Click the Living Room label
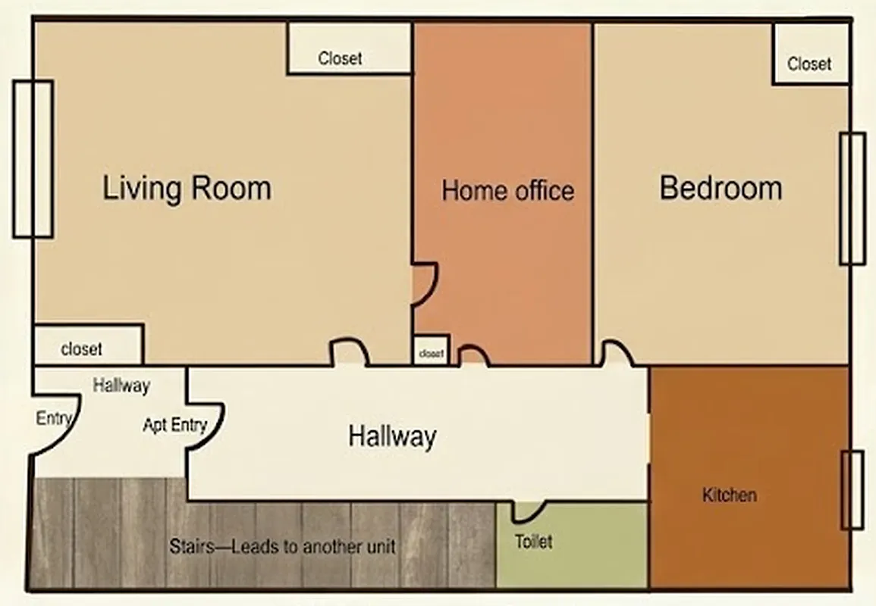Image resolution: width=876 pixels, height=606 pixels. pyautogui.click(x=187, y=188)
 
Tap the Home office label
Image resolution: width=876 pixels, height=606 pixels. pyautogui.click(x=507, y=190)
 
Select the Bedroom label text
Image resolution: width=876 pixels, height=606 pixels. pyautogui.click(x=721, y=188)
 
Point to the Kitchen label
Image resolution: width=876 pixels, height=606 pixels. pyautogui.click(x=729, y=495)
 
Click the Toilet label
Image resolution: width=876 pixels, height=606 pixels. pyautogui.click(x=534, y=542)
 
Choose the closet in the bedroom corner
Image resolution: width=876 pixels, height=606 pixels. pyautogui.click(x=809, y=64)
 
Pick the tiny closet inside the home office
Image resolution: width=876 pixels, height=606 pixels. pyautogui.click(x=431, y=352)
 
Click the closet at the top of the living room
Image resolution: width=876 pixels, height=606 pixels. pyautogui.click(x=340, y=58)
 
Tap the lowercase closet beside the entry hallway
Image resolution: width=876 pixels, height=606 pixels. pyautogui.click(x=81, y=349)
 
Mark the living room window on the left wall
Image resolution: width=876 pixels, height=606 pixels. pyautogui.click(x=33, y=158)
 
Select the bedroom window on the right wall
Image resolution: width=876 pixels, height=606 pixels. pyautogui.click(x=852, y=198)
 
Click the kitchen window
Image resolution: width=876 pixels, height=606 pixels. pyautogui.click(x=853, y=489)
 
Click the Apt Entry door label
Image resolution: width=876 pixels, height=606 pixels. pyautogui.click(x=174, y=425)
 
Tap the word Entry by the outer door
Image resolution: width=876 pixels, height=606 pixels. pyautogui.click(x=54, y=418)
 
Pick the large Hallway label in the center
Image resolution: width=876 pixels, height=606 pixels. pyautogui.click(x=392, y=436)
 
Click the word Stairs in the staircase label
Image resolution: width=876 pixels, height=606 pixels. pyautogui.click(x=190, y=546)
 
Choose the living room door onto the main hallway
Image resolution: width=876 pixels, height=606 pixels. pyautogui.click(x=349, y=352)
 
